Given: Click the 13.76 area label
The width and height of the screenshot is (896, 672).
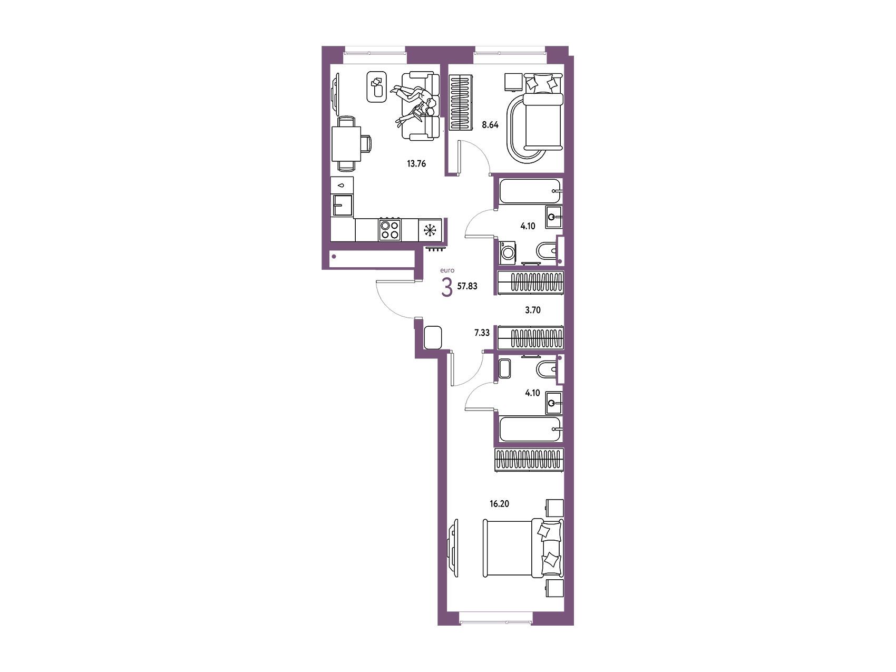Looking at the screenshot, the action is pos(416,163).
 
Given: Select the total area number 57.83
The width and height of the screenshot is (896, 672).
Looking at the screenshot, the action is pos(468,286).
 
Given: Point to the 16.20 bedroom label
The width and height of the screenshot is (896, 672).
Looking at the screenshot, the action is pos(500,503).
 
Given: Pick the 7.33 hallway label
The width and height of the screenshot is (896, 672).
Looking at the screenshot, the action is pos(482,333).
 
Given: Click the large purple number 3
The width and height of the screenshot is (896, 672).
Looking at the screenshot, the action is pos(447,288).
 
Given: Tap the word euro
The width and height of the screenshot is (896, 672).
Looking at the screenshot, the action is pos(446,271).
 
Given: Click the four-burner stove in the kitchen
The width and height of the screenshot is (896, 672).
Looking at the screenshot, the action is pos(390,230).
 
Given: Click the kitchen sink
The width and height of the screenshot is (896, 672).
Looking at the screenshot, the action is pos(342,205).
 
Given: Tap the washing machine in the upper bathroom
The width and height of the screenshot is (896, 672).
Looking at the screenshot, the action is pos(509,252).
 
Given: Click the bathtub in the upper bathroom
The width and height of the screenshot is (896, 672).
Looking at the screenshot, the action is pos(530,192).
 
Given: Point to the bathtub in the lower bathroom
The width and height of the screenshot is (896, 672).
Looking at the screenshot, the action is pos(530,430).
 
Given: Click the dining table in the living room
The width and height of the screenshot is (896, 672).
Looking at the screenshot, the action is pos(346,145).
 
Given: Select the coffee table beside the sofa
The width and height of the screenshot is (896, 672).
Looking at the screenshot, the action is pos(376,87).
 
